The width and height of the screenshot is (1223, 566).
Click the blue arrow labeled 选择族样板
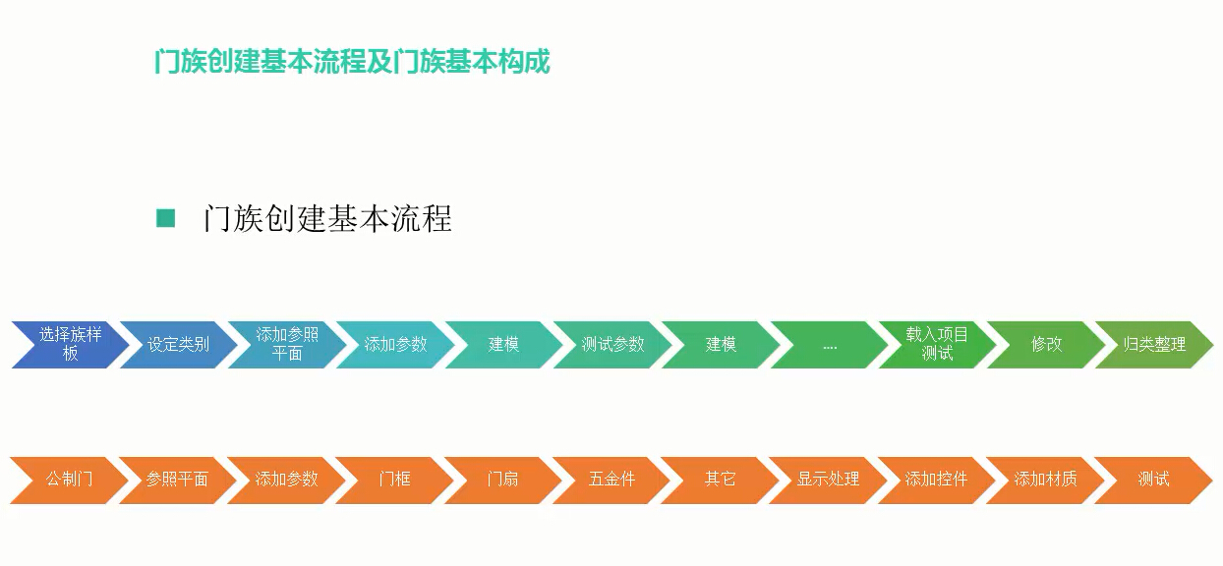pos(71,344)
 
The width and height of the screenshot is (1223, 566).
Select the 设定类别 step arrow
pos(179,344)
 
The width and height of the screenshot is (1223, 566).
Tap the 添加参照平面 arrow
pos(287,344)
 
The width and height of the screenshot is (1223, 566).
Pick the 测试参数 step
pos(612,344)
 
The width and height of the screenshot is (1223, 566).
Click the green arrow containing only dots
pos(830,344)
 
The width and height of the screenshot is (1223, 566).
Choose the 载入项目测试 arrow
pos(938,344)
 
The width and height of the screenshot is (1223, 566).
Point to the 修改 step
pos(1046,344)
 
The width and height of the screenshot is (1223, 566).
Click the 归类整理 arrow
pos(1154,344)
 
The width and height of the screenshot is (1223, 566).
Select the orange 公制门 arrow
pos(70,481)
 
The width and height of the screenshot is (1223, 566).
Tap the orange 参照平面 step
pos(177,481)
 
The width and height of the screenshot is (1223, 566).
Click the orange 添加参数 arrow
pos(286,481)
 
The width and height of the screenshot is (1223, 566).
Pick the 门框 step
pos(394,481)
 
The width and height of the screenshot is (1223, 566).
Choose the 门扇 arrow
pos(502,481)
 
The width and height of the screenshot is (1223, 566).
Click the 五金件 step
pos(611,481)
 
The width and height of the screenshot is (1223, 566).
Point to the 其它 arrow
pos(720,481)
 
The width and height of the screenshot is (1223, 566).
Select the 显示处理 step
pos(828,481)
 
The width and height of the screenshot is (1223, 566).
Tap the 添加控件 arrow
pos(936,481)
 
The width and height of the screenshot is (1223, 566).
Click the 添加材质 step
pos(1044,481)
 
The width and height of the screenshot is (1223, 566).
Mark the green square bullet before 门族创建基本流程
pos(165,218)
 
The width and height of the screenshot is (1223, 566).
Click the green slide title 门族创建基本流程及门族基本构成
pos(352,61)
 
